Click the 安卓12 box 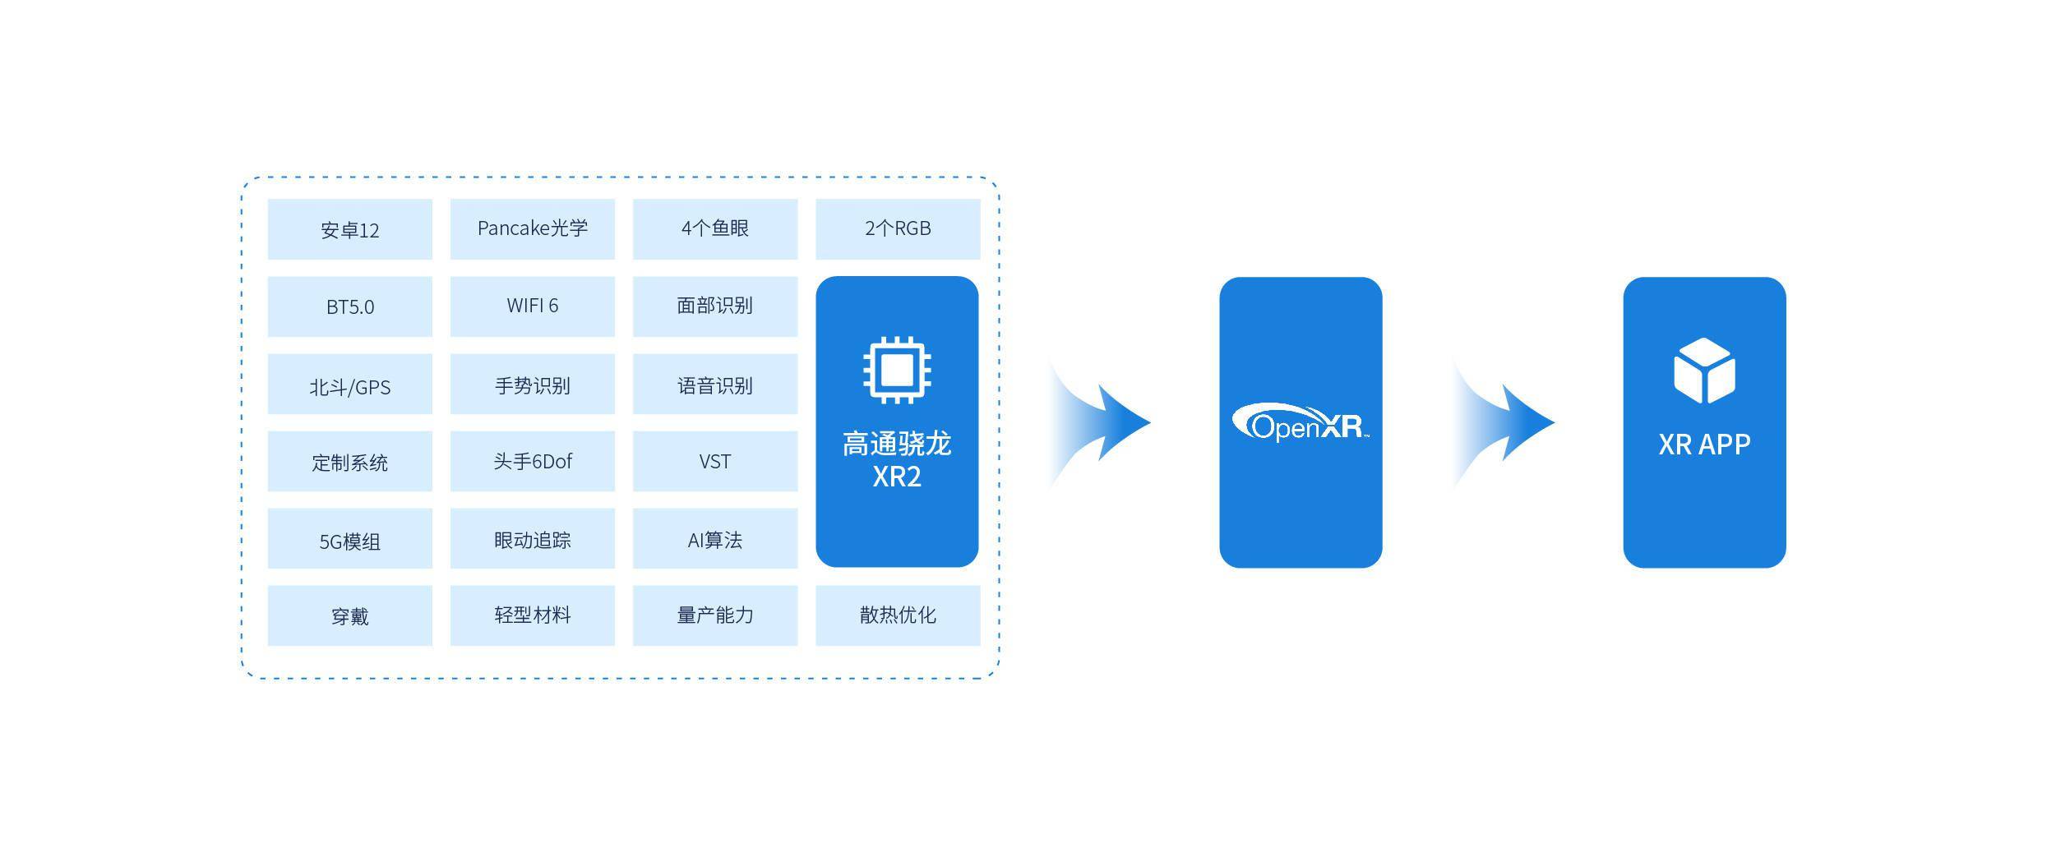pyautogui.click(x=349, y=229)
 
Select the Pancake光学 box pyautogui.click(x=532, y=228)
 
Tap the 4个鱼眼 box pyautogui.click(x=714, y=228)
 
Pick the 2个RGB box pyautogui.click(x=897, y=228)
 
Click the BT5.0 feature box pyautogui.click(x=349, y=306)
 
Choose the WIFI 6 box pyautogui.click(x=532, y=306)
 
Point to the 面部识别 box pyautogui.click(x=714, y=306)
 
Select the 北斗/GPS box pyautogui.click(x=349, y=385)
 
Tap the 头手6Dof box pyautogui.click(x=532, y=461)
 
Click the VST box pyautogui.click(x=714, y=461)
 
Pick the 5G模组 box pyautogui.click(x=349, y=539)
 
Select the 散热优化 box pyautogui.click(x=897, y=615)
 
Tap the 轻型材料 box pyautogui.click(x=532, y=615)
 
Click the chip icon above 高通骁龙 pyautogui.click(x=896, y=370)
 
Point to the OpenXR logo pyautogui.click(x=1300, y=423)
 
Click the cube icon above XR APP pyautogui.click(x=1703, y=371)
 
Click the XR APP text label pyautogui.click(x=1703, y=445)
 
